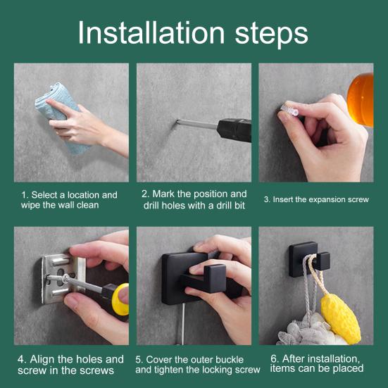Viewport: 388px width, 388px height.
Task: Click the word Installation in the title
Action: (151, 32)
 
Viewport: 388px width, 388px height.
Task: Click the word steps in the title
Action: (271, 35)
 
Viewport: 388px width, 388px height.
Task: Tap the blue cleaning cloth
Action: (61, 116)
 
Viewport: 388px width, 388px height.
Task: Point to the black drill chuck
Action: (234, 130)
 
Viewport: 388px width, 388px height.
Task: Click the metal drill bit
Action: (196, 124)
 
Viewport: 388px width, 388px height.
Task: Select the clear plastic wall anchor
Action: (289, 109)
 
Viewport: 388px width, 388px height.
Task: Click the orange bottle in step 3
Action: (361, 99)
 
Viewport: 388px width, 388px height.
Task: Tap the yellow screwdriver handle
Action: (120, 299)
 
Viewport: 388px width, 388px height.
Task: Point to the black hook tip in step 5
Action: (215, 278)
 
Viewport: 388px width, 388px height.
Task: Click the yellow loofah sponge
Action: (341, 318)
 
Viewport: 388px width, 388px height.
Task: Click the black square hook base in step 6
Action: (302, 259)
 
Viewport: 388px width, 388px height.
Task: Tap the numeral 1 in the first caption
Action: (24, 195)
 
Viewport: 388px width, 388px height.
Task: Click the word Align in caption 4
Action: (42, 360)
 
